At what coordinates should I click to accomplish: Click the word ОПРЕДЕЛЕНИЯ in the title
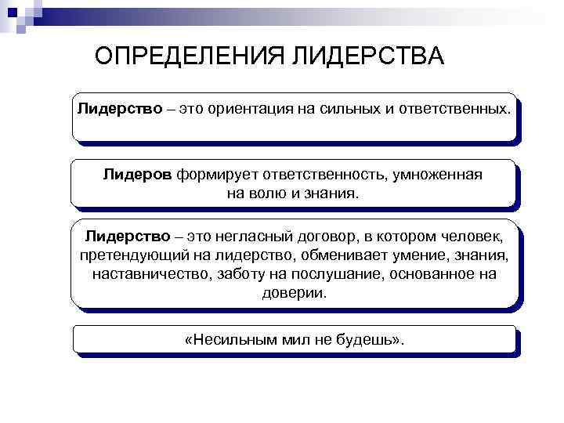coord(190,56)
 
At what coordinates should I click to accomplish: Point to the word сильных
coord(350,107)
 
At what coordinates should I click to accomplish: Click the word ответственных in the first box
coord(455,107)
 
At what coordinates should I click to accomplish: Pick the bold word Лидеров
coord(137,174)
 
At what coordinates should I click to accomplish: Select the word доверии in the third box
coord(293,293)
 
